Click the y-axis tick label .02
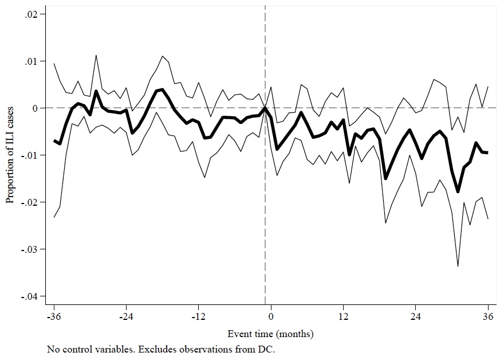31,14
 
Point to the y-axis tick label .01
31,61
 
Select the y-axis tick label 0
35,108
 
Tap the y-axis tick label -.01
29,155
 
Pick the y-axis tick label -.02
29,202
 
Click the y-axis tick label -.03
29,249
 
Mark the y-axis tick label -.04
29,296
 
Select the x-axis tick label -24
126,316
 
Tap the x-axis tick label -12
198,316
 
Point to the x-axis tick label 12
344,316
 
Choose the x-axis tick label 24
416,316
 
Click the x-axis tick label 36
488,316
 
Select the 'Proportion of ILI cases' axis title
10,155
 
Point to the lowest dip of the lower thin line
458,266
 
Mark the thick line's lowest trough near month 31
458,191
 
